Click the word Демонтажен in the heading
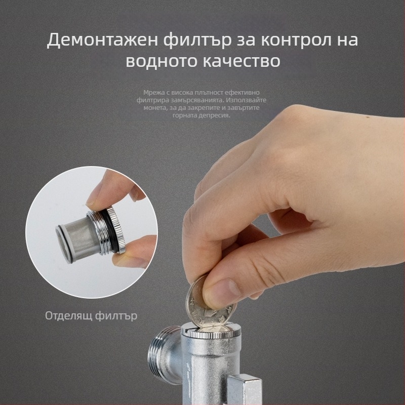click(102, 40)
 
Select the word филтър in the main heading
click(197, 40)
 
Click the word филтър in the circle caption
click(116, 315)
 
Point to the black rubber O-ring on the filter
click(110, 229)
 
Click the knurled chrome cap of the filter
click(117, 229)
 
